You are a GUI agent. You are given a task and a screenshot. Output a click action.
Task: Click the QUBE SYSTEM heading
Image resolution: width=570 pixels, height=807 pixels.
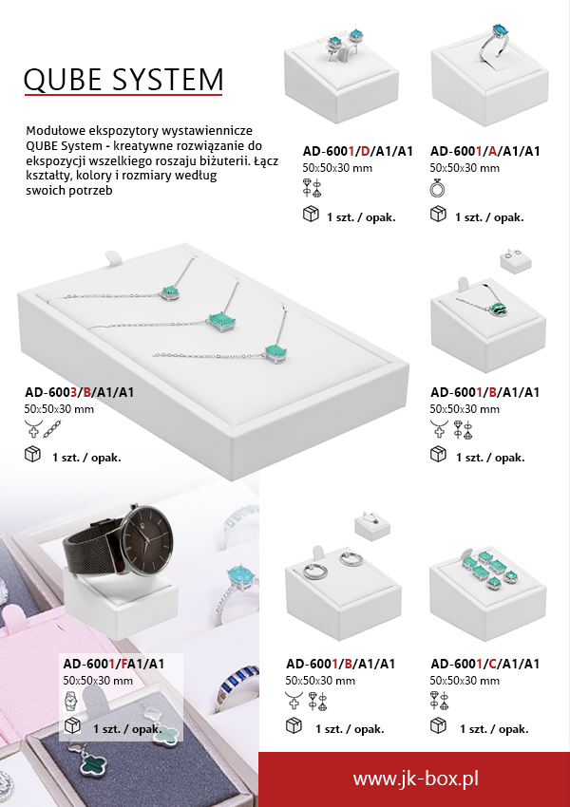tap(123, 79)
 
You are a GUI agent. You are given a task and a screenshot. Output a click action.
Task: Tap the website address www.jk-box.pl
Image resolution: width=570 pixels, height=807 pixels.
tap(415, 778)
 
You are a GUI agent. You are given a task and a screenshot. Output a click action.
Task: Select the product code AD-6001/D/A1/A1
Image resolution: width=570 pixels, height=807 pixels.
tap(358, 151)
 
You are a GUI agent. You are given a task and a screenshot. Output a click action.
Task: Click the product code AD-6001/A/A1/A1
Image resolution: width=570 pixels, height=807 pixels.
tap(485, 151)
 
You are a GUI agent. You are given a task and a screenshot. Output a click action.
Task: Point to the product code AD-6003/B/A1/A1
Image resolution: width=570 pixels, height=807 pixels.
tap(79, 392)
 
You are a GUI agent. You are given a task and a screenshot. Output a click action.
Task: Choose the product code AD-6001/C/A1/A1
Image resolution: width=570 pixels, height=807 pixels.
tap(485, 664)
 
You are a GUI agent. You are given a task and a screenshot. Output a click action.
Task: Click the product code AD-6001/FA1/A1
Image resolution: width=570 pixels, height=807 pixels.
tap(114, 664)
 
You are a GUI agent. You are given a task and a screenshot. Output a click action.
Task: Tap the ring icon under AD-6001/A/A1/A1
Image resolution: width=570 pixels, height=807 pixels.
tap(437, 188)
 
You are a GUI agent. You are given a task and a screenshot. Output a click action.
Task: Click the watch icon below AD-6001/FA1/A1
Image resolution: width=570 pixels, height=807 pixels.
tap(70, 701)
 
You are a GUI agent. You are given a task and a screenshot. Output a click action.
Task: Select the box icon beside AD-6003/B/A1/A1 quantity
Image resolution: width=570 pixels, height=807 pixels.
tap(32, 454)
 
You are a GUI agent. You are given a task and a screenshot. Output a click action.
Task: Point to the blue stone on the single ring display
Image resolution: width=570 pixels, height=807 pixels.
tap(500, 29)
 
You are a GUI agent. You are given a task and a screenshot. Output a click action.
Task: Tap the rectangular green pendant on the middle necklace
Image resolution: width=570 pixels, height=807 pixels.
tap(222, 322)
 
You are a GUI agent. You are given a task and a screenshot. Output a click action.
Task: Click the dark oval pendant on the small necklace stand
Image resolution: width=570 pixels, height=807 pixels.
tap(499, 310)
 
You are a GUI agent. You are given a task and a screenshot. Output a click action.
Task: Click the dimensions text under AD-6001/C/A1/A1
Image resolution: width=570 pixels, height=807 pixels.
tap(465, 681)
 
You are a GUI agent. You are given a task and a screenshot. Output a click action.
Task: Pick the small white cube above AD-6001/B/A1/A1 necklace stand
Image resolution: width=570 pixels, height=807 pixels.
tap(516, 260)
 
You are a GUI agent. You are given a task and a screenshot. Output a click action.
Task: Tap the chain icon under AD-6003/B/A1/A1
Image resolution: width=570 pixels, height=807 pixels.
tap(52, 429)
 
